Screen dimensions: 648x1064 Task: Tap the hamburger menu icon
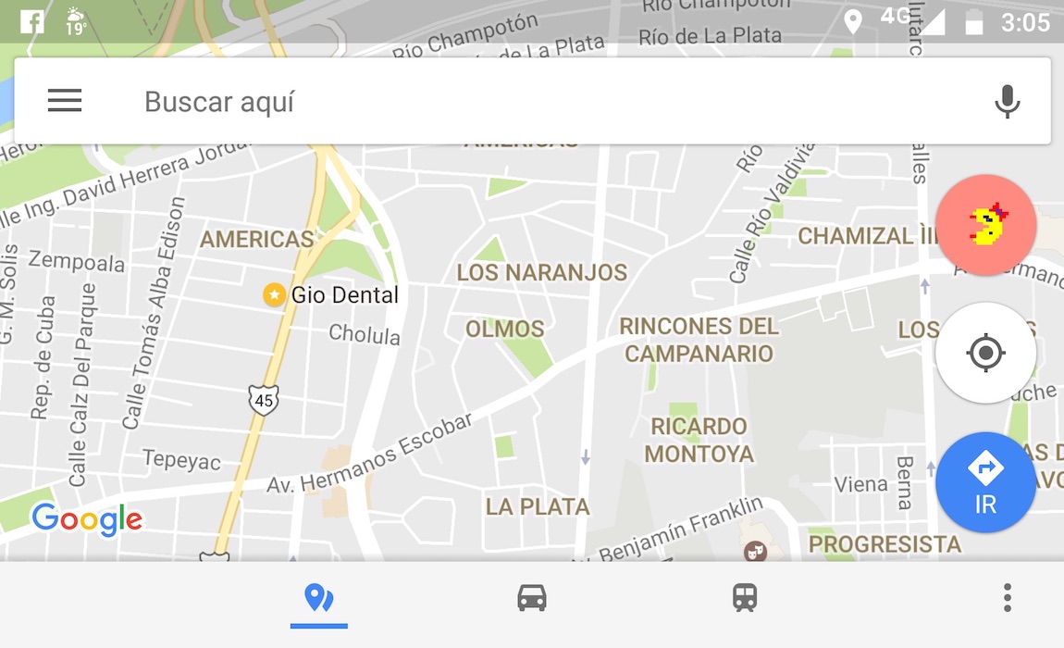pyautogui.click(x=65, y=101)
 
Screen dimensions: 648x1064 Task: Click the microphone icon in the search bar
pyautogui.click(x=1007, y=101)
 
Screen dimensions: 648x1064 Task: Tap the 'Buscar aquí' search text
pyautogui.click(x=219, y=102)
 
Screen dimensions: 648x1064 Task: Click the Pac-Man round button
pyautogui.click(x=986, y=225)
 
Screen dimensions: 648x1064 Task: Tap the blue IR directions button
pyautogui.click(x=985, y=481)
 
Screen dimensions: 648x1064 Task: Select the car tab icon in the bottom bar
pyautogui.click(x=532, y=598)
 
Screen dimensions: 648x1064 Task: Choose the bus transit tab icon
pyautogui.click(x=745, y=598)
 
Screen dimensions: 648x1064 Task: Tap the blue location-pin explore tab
pyautogui.click(x=318, y=598)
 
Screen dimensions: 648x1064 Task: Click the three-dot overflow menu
pyautogui.click(x=1008, y=598)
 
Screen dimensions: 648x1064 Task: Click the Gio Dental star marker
pyautogui.click(x=274, y=294)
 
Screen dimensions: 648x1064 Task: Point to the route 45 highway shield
pyautogui.click(x=264, y=400)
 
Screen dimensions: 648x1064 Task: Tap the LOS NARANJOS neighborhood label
pyautogui.click(x=541, y=272)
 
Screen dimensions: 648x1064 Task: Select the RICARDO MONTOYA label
pyautogui.click(x=699, y=440)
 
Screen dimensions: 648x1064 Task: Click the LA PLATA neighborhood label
pyautogui.click(x=538, y=506)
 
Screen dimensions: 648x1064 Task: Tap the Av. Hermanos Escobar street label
pyautogui.click(x=370, y=454)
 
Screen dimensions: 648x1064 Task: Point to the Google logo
pyautogui.click(x=87, y=519)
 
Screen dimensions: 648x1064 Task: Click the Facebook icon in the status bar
pyautogui.click(x=32, y=20)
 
